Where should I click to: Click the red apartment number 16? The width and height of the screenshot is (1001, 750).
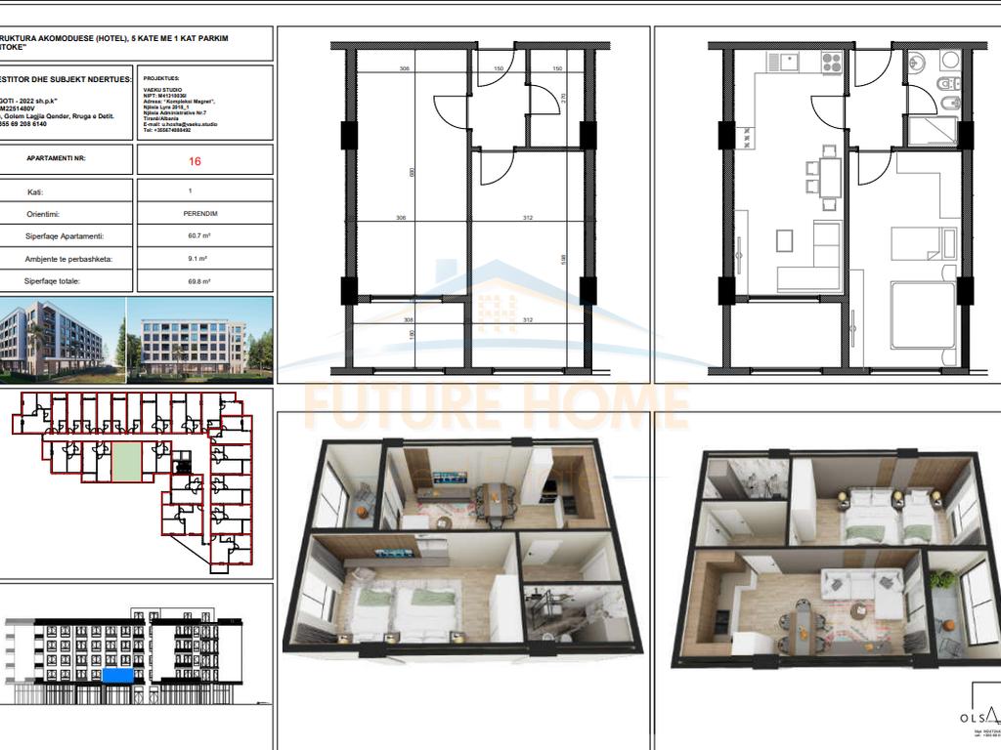click(x=204, y=160)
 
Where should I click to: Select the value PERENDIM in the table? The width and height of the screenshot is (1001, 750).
click(x=204, y=214)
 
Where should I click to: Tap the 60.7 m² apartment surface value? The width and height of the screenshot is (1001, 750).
click(x=204, y=236)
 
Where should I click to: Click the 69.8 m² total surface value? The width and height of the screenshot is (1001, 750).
click(x=204, y=281)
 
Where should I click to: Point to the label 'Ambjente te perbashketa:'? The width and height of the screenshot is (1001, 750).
click(x=66, y=259)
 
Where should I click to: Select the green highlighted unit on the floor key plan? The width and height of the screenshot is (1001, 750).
click(x=124, y=458)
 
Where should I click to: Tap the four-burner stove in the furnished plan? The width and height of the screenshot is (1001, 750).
click(x=831, y=62)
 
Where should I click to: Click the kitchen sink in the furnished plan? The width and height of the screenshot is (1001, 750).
click(x=781, y=62)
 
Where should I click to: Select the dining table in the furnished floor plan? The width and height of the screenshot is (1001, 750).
click(x=829, y=178)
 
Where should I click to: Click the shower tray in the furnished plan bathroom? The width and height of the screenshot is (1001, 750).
click(x=933, y=131)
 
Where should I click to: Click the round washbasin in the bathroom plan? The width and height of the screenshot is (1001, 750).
click(x=916, y=63)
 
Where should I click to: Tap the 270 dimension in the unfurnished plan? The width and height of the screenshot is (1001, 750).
click(x=564, y=98)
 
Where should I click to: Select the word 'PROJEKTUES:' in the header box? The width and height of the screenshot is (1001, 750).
click(x=161, y=78)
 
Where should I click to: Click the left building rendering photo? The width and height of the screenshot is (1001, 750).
click(x=62, y=338)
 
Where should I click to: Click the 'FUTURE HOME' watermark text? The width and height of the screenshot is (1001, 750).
click(x=496, y=405)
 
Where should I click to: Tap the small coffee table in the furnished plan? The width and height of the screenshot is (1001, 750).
click(x=785, y=240)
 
